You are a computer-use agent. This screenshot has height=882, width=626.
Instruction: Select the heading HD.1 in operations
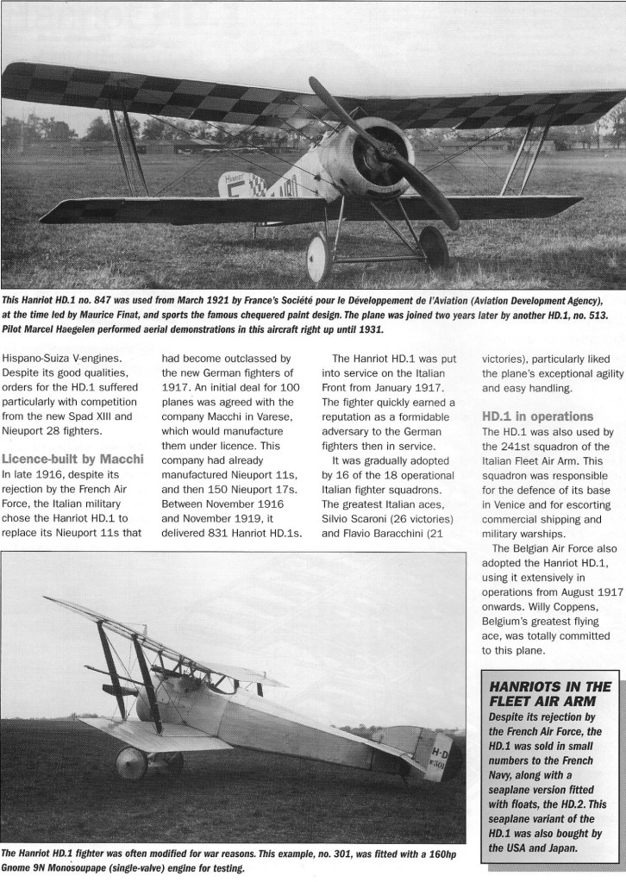pos(538,416)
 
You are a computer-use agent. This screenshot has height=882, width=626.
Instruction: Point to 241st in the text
pos(509,447)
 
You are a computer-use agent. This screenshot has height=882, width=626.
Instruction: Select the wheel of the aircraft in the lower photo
pos(131,765)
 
